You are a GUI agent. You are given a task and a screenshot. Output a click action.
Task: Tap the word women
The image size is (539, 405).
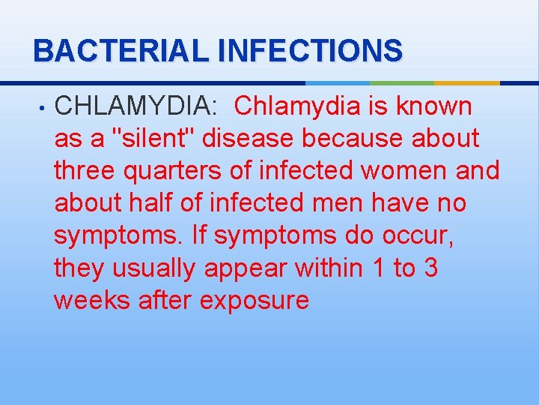[x=404, y=171]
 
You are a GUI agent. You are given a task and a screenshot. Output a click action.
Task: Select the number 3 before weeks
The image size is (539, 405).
[x=430, y=268]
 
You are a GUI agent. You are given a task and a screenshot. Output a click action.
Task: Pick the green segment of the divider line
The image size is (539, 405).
[x=401, y=82]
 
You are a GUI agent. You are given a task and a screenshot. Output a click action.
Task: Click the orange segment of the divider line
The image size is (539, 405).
[x=467, y=82]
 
